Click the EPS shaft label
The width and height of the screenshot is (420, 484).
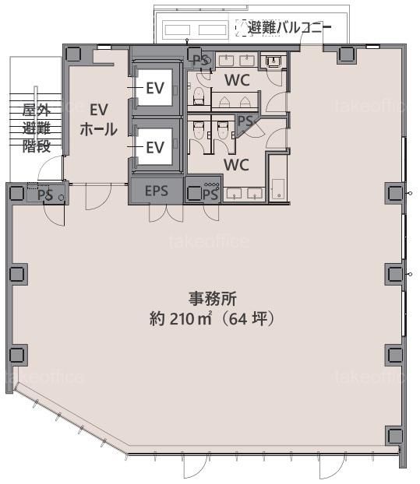[157, 191]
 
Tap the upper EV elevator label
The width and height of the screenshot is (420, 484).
[155, 88]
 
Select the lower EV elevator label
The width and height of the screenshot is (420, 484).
[155, 148]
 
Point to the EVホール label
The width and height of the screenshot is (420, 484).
[99, 120]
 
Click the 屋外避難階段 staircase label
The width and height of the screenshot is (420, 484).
[37, 128]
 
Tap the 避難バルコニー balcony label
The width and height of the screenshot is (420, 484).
[289, 28]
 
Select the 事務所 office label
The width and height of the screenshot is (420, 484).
[212, 299]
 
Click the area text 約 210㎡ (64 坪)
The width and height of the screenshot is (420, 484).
[212, 319]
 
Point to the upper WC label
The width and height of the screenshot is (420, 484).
[237, 80]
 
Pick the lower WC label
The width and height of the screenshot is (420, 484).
[236, 165]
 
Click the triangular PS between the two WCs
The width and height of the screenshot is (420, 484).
[245, 122]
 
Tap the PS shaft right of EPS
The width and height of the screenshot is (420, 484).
[203, 190]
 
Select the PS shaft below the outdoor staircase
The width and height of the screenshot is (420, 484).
[47, 195]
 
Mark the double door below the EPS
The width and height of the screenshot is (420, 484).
[166, 213]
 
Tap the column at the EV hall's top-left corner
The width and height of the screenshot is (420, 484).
[73, 54]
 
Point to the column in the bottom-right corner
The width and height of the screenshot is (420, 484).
[394, 436]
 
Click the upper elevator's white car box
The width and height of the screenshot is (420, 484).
[154, 88]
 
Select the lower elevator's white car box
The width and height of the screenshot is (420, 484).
[154, 146]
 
